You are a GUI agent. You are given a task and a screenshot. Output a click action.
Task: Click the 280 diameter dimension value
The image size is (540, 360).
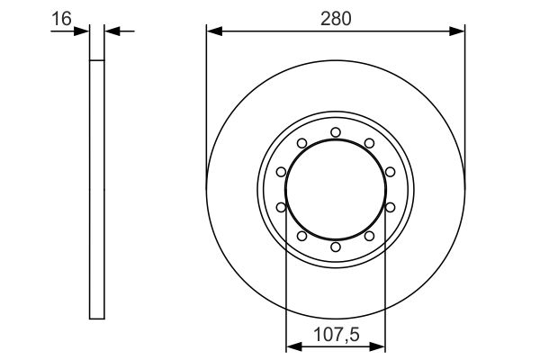[x=336, y=16]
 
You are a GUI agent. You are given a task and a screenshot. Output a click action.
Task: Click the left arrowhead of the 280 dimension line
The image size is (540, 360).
[x=213, y=31]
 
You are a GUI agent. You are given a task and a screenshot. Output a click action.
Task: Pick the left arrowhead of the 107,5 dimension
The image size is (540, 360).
[x=292, y=346]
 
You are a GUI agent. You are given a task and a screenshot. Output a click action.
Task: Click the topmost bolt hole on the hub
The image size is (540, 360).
[x=336, y=132]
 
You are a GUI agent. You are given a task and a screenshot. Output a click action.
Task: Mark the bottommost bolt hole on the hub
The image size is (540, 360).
[x=336, y=247]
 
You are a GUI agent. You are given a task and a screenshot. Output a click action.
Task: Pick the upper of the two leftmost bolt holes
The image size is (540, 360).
[x=282, y=172]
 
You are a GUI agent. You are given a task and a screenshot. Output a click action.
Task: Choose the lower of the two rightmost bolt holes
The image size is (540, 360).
[x=390, y=207]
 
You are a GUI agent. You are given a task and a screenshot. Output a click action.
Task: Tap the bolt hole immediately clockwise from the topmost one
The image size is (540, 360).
[x=369, y=143]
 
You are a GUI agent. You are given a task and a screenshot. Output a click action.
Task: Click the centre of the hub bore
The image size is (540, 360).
[x=336, y=189]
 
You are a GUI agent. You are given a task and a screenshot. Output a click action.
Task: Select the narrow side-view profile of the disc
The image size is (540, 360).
[x=97, y=189]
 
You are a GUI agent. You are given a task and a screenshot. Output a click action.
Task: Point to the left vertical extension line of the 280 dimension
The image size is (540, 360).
[x=207, y=99]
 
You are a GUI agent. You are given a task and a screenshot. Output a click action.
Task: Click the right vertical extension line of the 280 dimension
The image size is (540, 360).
[x=464, y=99]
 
